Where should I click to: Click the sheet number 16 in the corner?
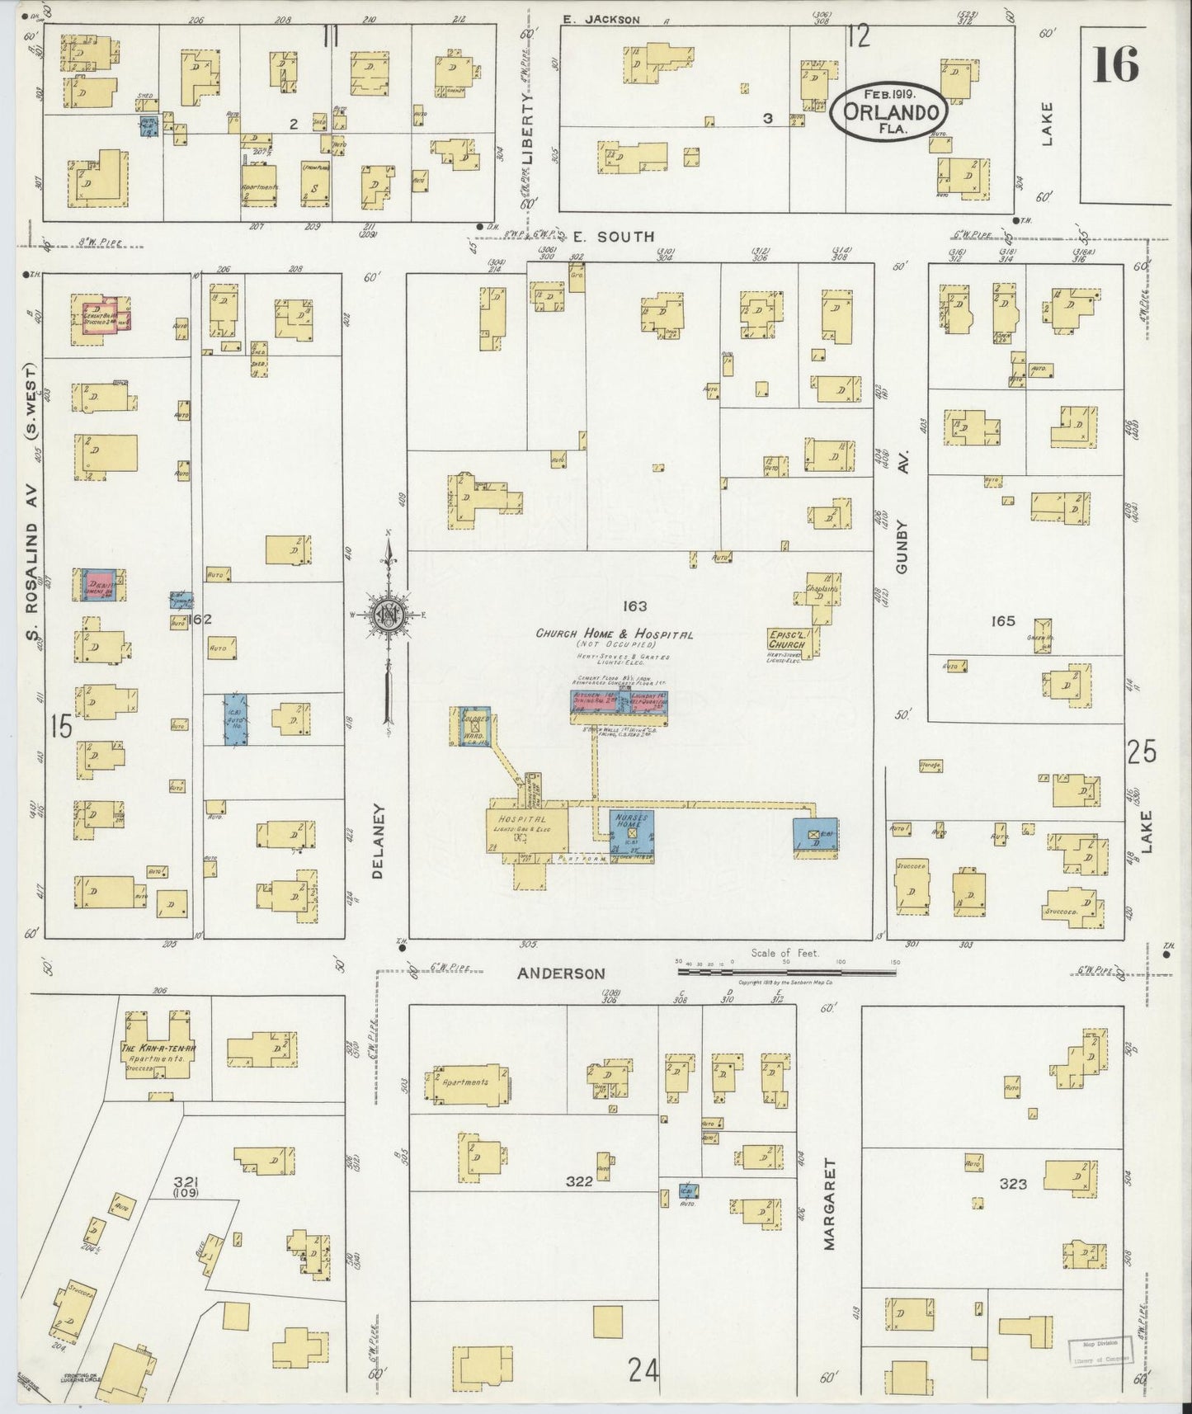pos(1116,64)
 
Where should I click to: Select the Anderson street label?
pos(561,973)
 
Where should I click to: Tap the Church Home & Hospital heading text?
pos(614,634)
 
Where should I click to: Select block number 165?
pos(1004,621)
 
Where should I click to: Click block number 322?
pos(579,1182)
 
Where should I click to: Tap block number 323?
pos(1013,1184)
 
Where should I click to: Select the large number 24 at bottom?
pos(644,1370)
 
